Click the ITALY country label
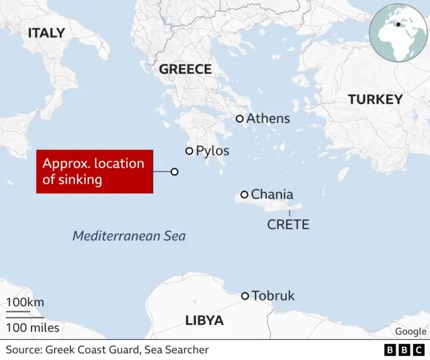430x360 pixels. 46,32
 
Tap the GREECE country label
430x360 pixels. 185,69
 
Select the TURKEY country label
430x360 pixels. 375,99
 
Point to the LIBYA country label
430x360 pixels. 204,320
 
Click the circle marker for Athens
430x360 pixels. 239,119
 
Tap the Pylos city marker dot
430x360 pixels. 189,151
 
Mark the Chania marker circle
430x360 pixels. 245,195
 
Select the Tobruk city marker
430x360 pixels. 245,296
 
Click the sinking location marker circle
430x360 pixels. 175,172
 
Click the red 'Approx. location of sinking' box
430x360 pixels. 94,172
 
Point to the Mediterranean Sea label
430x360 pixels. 129,236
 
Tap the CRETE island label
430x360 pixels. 288,224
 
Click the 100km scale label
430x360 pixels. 26,302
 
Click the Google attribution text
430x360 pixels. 411,331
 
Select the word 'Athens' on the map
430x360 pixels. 268,119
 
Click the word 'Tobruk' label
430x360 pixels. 273,296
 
